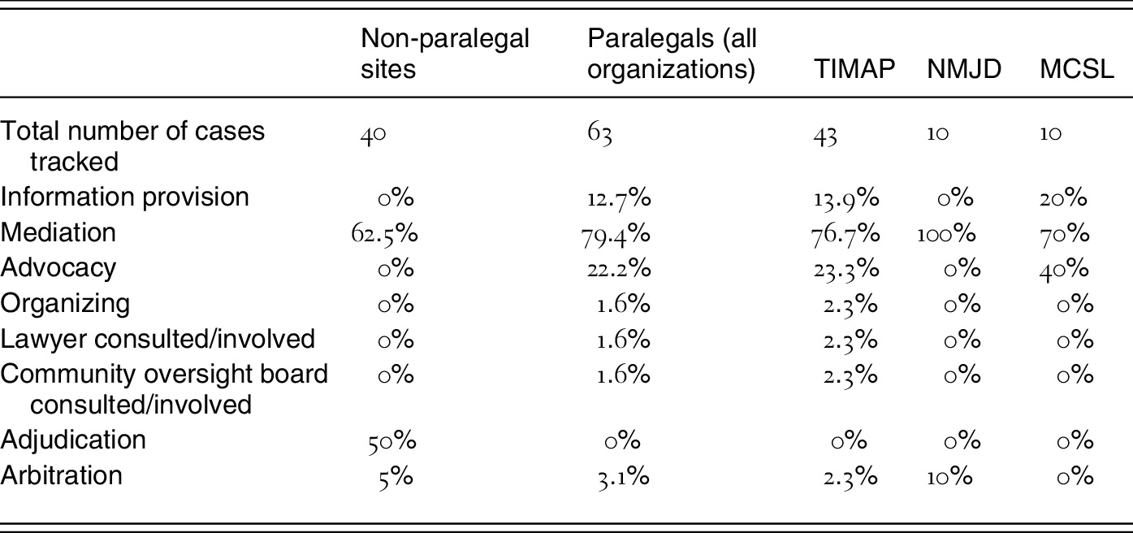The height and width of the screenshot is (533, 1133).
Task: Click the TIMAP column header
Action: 854,70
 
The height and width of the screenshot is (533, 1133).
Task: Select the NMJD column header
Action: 964,70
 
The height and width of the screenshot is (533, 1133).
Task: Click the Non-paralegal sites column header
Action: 445,53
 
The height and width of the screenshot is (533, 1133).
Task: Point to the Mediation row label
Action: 58,232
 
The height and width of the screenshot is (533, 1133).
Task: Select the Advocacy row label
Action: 58,268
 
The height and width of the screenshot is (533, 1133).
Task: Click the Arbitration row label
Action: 62,475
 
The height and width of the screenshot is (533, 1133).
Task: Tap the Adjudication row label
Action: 73,440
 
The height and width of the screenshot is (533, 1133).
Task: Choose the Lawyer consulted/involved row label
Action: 158,338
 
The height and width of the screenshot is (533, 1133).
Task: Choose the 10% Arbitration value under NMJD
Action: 950,476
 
